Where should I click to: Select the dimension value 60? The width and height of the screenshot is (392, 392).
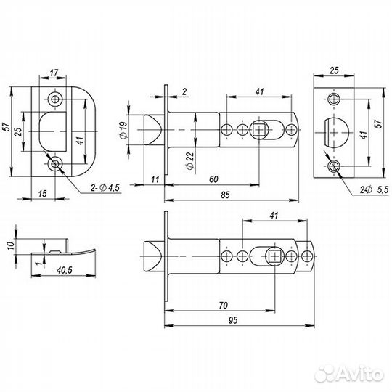pyautogui.click(x=212, y=179)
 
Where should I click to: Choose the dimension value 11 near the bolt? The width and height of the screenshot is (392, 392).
pyautogui.click(x=156, y=179)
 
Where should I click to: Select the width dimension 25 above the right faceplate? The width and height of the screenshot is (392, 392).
pyautogui.click(x=334, y=72)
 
